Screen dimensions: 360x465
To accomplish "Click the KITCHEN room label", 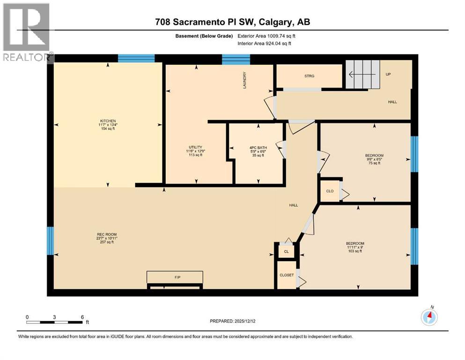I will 107,124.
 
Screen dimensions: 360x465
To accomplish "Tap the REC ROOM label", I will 107,238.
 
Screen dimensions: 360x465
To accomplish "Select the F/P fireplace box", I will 175,277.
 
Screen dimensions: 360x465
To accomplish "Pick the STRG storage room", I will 309,76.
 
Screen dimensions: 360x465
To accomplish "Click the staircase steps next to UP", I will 363,74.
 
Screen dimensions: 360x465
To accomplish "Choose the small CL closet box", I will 286,252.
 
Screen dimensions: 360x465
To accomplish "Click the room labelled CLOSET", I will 287,275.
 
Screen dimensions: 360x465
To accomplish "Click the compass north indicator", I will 429,317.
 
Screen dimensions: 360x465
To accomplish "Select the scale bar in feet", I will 55,322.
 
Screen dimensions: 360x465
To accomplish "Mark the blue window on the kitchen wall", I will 136,58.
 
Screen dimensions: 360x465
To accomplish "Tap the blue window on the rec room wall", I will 50,240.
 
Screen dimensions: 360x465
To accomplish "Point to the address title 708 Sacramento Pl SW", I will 232,22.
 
